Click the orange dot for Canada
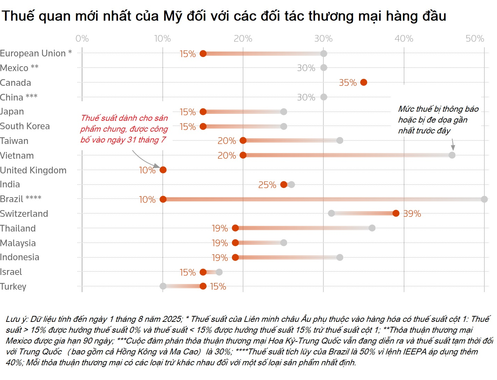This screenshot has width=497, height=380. (364, 82)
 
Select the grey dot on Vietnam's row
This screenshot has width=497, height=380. (452, 155)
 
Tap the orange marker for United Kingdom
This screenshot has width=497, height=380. (163, 170)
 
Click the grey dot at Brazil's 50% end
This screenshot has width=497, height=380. (484, 199)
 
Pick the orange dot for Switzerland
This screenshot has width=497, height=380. (396, 213)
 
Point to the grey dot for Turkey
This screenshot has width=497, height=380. (163, 286)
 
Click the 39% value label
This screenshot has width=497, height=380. (412, 214)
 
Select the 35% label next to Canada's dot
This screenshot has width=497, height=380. (348, 83)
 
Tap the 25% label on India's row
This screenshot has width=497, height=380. (267, 185)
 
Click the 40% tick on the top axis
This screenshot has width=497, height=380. (404, 39)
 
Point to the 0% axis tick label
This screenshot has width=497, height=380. (82, 39)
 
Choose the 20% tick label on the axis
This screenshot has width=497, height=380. (243, 39)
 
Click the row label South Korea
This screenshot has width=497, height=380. (25, 126)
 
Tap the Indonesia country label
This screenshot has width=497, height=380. (20, 257)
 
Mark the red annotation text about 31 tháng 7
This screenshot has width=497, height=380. (124, 129)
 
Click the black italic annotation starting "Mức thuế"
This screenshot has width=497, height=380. (438, 120)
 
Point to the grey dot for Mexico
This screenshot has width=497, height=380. (324, 68)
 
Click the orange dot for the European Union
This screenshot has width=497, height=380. (203, 54)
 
